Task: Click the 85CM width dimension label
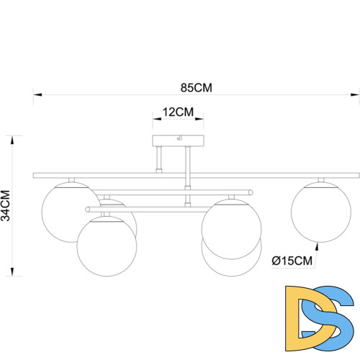pyautogui.click(x=196, y=88)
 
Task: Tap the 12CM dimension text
pyautogui.click(x=179, y=112)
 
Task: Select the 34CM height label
pyautogui.click(x=6, y=205)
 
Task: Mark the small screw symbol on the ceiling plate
pyautogui.click(x=180, y=139)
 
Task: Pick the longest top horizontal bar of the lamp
pyautogui.click(x=196, y=175)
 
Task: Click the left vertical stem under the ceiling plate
pyautogui.click(x=159, y=159)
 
